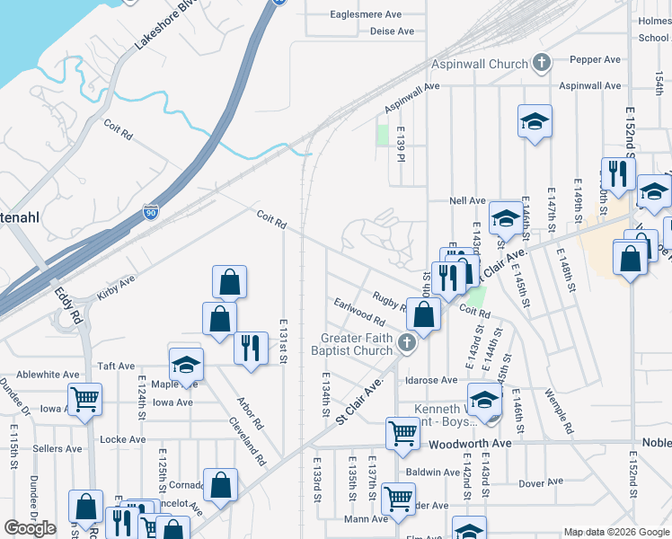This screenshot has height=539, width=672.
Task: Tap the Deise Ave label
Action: pos(392,31)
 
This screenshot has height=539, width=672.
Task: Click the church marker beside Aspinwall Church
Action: pos(541,63)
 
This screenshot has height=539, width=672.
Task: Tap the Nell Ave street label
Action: pos(467,200)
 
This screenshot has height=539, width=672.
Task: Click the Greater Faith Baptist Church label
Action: pos(358,344)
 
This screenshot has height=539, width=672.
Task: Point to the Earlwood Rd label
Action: pos(358,312)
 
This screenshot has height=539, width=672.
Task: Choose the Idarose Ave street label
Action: pos(431,380)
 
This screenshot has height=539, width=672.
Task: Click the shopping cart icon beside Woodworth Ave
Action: pos(402,433)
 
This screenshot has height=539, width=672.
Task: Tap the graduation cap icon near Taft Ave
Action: pos(187,364)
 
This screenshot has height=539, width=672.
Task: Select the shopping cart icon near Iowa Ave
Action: pos(84,399)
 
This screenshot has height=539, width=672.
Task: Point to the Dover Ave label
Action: pos(541,483)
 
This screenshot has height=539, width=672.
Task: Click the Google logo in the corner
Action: pos(31,528)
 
